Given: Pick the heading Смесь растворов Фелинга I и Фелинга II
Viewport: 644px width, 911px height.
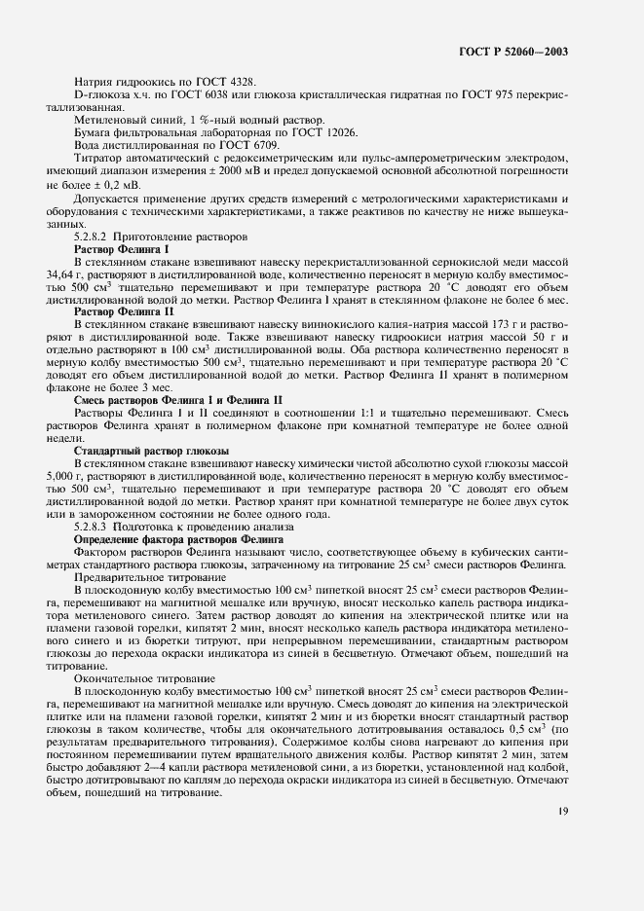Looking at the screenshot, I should tap(171, 400).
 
